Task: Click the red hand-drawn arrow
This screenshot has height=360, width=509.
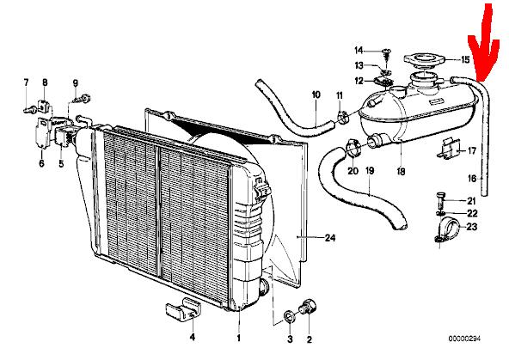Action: coord(484,46)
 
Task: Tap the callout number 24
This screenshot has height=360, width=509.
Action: coord(330,238)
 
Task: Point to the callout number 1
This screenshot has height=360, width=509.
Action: coord(239,339)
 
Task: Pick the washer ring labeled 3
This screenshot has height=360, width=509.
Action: coord(289,316)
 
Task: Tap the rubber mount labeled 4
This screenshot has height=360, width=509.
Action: coord(183,309)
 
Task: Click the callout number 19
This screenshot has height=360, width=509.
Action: coord(370,171)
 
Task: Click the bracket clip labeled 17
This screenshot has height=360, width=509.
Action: coord(449,149)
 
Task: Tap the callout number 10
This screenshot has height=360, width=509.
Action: coord(316,95)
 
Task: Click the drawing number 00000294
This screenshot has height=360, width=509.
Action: coord(464,339)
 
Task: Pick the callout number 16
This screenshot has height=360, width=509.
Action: coord(472,179)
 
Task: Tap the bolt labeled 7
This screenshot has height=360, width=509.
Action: coord(29,110)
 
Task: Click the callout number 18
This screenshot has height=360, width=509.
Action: coord(402,171)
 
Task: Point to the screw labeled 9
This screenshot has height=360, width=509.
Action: coord(82,99)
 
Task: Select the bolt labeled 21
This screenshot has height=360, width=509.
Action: coord(440,201)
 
